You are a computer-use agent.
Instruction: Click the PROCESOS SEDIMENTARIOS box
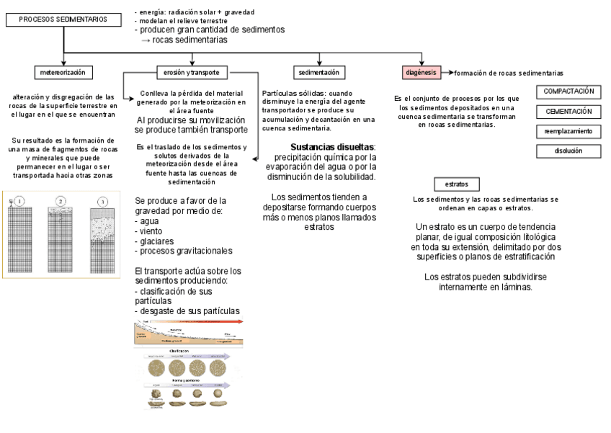point(64,20)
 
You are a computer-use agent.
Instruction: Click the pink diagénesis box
point(420,73)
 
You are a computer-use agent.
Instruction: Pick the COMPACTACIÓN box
point(568,91)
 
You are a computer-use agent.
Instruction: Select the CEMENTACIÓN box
point(568,112)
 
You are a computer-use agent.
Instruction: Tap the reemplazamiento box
point(568,132)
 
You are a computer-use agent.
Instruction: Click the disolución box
point(568,151)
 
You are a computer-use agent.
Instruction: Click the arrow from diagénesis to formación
point(446,73)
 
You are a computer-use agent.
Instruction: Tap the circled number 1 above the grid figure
point(20,201)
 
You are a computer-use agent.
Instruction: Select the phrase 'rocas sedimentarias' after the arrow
point(190,40)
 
